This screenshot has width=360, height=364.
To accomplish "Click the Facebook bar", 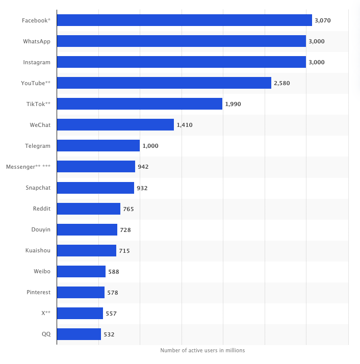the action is (x=185, y=20).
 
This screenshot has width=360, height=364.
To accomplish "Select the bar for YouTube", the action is (x=164, y=83).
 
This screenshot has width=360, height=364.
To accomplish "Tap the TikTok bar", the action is (x=140, y=104).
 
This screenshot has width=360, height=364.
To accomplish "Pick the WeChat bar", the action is (x=115, y=125).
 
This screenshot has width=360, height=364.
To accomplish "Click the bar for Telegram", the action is (x=98, y=146).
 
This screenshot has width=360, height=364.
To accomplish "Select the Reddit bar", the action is (x=89, y=209).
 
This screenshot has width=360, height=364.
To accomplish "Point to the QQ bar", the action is (x=79, y=334).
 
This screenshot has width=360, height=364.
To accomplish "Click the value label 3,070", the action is (x=323, y=20).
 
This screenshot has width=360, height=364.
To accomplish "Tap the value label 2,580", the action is (x=282, y=83).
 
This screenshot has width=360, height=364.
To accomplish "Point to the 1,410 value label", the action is (x=185, y=125).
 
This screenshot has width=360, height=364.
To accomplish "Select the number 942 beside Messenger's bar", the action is (x=143, y=167).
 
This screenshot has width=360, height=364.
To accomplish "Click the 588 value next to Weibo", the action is (x=114, y=272).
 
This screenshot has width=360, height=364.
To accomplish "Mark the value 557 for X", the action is (x=111, y=314).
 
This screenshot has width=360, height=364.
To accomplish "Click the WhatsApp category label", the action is (x=37, y=42).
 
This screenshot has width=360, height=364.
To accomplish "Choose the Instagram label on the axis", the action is (x=37, y=62).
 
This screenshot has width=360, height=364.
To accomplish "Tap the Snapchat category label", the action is (x=38, y=188).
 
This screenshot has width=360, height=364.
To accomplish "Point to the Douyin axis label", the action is (x=41, y=229).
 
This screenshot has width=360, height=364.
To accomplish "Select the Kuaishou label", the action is (x=38, y=250).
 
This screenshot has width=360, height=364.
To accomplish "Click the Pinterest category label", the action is (x=39, y=292).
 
